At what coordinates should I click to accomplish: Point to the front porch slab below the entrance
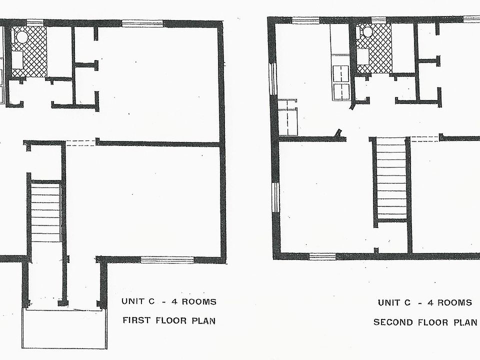click(64, 328)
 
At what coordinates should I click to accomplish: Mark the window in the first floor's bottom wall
click(167, 260)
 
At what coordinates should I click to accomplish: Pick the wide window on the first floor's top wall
click(142, 23)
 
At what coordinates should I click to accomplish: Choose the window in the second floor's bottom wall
click(322, 256)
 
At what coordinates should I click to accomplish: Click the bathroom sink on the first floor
click(17, 60)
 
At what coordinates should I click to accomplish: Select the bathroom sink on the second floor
click(363, 56)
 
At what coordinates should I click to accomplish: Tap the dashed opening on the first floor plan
click(81, 143)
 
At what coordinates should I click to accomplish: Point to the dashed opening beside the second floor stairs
click(425, 139)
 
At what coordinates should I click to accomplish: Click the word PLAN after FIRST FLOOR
click(203, 320)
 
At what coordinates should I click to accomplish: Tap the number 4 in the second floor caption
click(430, 303)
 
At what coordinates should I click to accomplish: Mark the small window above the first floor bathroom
click(35, 22)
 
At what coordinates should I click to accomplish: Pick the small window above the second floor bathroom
click(379, 20)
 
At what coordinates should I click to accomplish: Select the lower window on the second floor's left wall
click(275, 197)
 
